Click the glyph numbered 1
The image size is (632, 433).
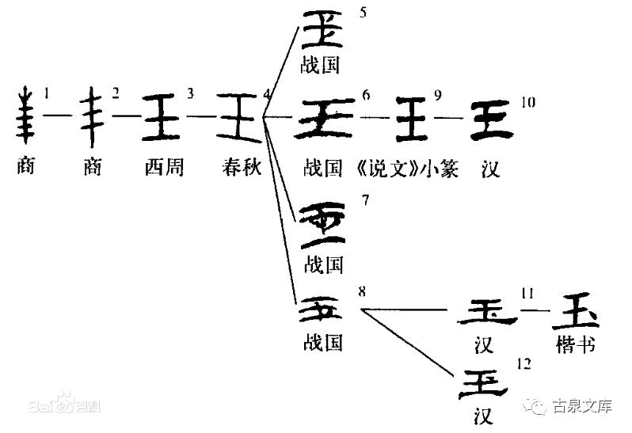[26, 118]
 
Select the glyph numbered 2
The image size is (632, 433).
[94, 118]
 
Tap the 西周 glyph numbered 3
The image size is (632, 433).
[163, 117]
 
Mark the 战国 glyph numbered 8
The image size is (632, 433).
[321, 310]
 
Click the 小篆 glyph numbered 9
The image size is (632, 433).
[412, 119]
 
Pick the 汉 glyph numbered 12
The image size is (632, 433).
[485, 382]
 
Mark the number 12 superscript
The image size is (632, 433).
[523, 363]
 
